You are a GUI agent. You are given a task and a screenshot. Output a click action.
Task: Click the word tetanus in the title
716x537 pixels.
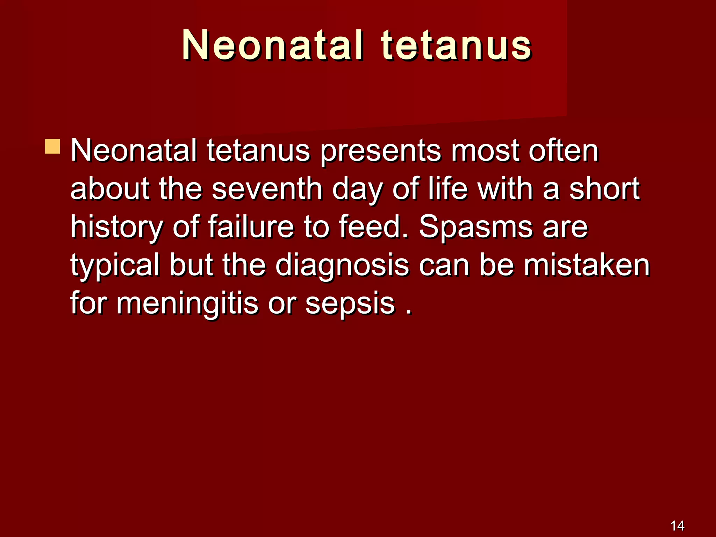456,45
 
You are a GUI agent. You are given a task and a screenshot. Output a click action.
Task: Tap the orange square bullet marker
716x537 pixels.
52,146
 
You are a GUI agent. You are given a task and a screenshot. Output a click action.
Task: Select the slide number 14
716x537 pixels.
677,526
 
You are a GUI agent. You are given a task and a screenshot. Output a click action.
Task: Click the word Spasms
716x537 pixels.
475,227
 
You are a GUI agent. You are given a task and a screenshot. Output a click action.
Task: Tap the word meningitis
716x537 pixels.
187,303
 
